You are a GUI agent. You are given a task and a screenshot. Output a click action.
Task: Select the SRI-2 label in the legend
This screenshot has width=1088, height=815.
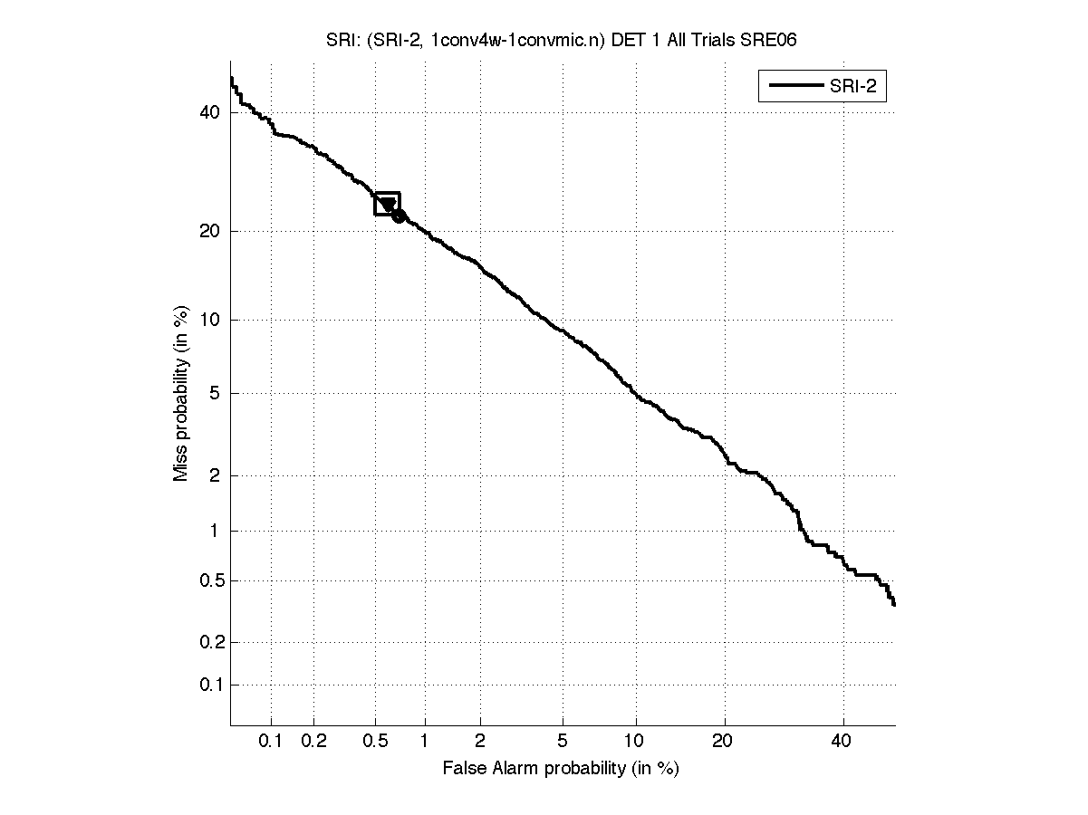tap(855, 87)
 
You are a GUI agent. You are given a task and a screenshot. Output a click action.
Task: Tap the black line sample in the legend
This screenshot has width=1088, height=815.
tap(794, 87)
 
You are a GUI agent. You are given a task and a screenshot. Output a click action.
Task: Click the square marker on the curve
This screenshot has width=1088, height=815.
tap(387, 204)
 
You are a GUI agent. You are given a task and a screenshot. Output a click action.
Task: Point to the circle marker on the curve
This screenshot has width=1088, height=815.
tap(399, 216)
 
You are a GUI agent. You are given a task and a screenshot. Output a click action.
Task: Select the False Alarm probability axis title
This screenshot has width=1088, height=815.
tap(561, 769)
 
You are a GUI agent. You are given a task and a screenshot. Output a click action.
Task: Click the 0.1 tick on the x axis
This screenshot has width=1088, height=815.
tap(271, 742)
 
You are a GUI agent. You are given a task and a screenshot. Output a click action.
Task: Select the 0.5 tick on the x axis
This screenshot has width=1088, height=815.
tap(375, 742)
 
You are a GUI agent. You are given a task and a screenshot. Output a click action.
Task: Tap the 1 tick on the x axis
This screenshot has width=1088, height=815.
tap(424, 742)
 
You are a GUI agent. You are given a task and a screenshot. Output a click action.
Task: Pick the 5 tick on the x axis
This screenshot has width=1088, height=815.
tap(563, 742)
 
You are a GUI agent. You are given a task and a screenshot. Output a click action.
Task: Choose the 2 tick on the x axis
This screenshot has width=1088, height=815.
tap(480, 742)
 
